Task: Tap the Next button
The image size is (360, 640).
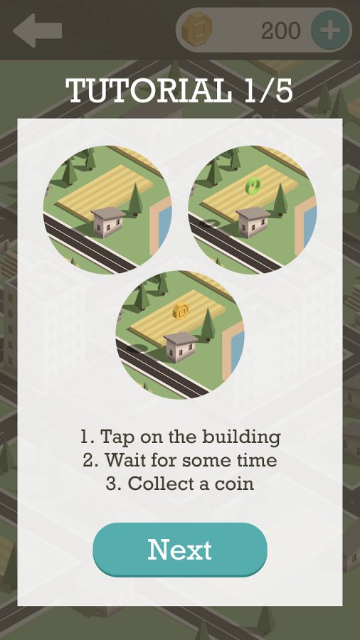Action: click(180, 550)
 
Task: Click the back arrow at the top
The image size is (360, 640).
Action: click(37, 31)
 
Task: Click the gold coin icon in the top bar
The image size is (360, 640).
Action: click(197, 29)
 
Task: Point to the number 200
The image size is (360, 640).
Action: click(281, 30)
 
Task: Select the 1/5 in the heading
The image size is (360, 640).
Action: click(269, 90)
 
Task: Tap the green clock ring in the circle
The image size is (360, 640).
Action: click(253, 186)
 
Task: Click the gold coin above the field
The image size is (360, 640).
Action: click(180, 311)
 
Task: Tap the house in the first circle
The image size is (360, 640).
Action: click(107, 221)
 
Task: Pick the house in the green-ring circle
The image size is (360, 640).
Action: click(253, 221)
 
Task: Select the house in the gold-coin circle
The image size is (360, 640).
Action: click(181, 346)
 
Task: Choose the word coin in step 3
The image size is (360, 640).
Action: click(237, 484)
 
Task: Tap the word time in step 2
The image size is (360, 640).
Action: click(258, 460)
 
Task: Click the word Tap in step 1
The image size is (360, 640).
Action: click(114, 437)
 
